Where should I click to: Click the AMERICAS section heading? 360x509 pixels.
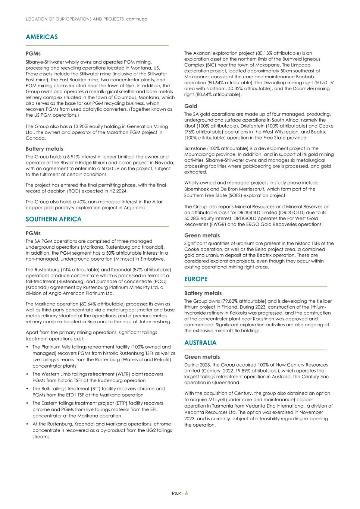click(42, 37)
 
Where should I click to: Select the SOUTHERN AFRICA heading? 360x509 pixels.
click(53, 219)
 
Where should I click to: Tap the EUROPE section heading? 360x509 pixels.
click(196, 279)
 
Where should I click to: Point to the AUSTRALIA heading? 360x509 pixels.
click(200, 343)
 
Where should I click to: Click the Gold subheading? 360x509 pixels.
click(191, 106)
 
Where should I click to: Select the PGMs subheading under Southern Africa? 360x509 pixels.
click(33, 233)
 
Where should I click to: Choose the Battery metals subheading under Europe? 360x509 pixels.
click(203, 293)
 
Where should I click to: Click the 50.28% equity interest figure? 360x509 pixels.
click(193, 219)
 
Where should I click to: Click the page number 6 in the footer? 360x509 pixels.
click(187, 493)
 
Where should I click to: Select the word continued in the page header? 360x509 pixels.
click(137, 19)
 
